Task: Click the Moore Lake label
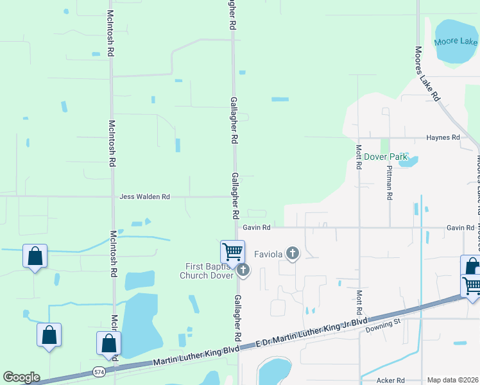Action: pyautogui.click(x=455, y=42)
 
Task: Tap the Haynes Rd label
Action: pyautogui.click(x=443, y=138)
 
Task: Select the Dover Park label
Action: pyautogui.click(x=386, y=157)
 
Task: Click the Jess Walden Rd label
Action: pyautogui.click(x=144, y=197)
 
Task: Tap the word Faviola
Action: pyautogui.click(x=269, y=253)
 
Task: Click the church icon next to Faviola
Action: pyautogui.click(x=293, y=253)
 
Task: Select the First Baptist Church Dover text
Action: pyautogui.click(x=207, y=271)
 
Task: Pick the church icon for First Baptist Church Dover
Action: pyautogui.click(x=243, y=271)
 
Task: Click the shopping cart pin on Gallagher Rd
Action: pyautogui.click(x=232, y=252)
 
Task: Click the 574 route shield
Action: pyautogui.click(x=98, y=372)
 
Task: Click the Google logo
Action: pyautogui.click(x=21, y=377)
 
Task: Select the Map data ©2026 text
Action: pyautogui.click(x=452, y=380)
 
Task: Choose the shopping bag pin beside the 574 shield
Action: pyautogui.click(x=108, y=343)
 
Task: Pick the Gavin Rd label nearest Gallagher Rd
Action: pyautogui.click(x=257, y=227)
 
